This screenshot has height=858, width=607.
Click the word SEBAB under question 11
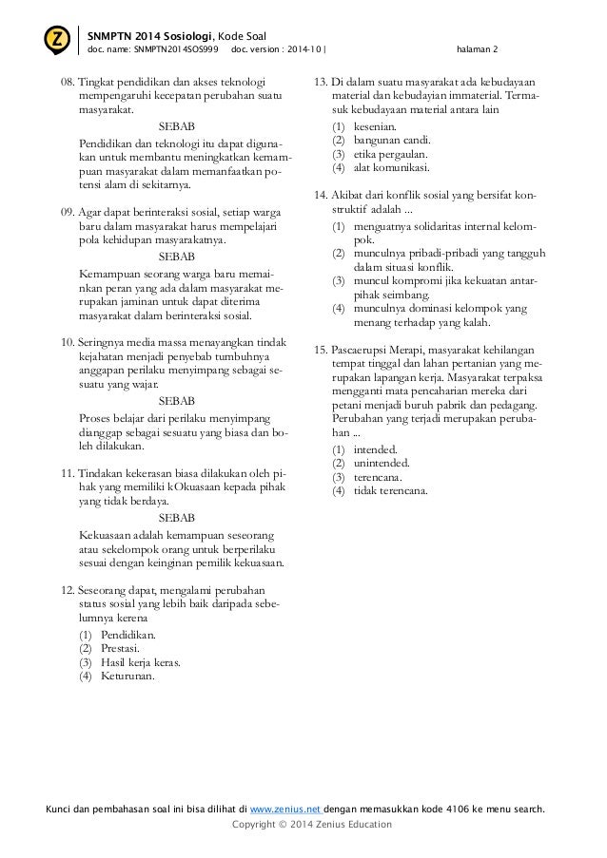point(176,518)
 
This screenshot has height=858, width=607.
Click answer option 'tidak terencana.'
point(390,491)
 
